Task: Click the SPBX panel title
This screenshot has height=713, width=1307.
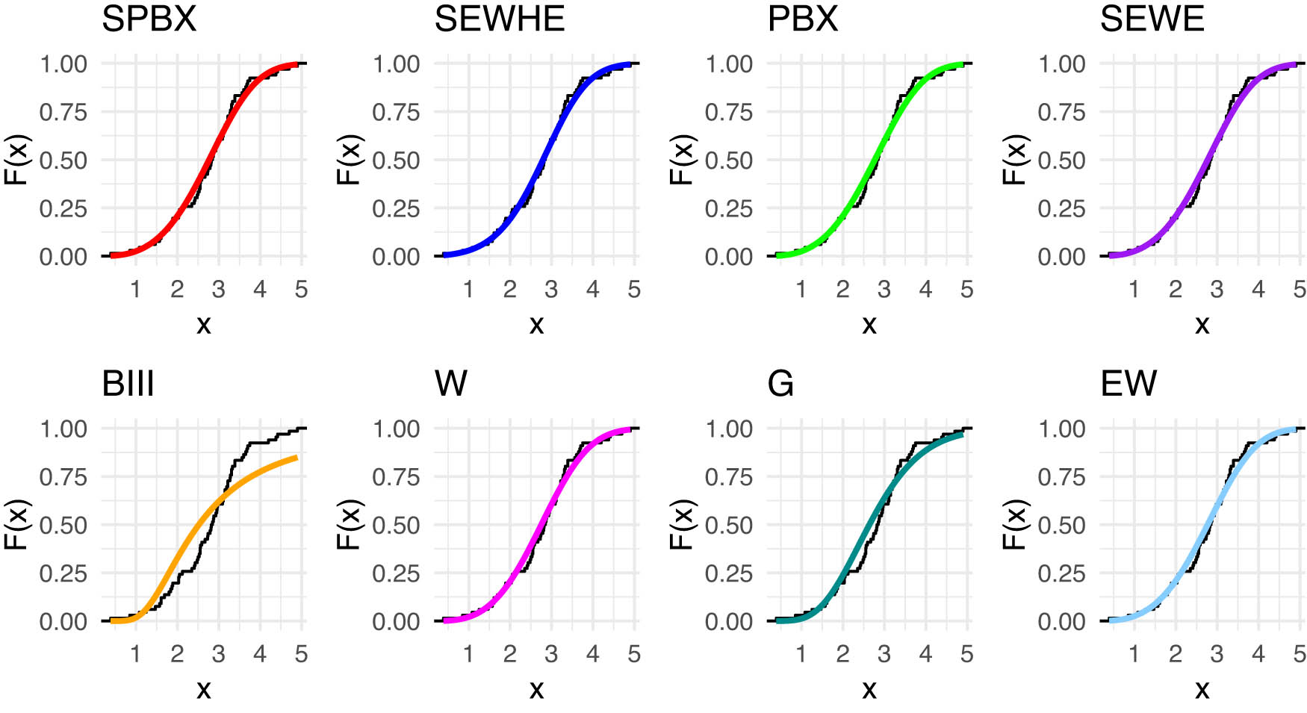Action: pyautogui.click(x=149, y=19)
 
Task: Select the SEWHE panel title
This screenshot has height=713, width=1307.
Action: pyautogui.click(x=499, y=19)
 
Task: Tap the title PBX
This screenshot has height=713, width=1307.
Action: pyautogui.click(x=802, y=19)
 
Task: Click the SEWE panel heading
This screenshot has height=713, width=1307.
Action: pyautogui.click(x=1152, y=19)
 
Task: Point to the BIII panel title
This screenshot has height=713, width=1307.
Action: pyautogui.click(x=128, y=384)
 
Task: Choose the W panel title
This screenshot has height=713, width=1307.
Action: pyautogui.click(x=450, y=384)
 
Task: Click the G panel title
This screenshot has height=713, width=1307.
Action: pyautogui.click(x=780, y=384)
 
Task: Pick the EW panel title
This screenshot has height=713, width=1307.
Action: pyautogui.click(x=1128, y=384)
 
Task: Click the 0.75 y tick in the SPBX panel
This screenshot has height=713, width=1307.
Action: pyautogui.click(x=63, y=112)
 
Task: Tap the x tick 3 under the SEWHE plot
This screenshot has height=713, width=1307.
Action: pyautogui.click(x=551, y=290)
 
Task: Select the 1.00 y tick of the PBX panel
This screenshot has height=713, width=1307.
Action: pyautogui.click(x=728, y=64)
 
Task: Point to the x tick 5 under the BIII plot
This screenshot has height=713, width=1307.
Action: pyautogui.click(x=301, y=655)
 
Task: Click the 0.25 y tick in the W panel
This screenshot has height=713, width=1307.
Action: pyautogui.click(x=396, y=573)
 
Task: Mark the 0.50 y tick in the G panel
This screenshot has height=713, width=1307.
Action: pyautogui.click(x=728, y=525)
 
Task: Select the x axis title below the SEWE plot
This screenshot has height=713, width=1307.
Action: pyautogui.click(x=1202, y=325)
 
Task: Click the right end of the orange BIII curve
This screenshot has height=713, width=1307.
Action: pyautogui.click(x=297, y=457)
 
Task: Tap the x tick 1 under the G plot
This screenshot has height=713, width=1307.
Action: pyautogui.click(x=801, y=655)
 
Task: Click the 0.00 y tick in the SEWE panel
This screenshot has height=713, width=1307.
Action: pyautogui.click(x=1061, y=257)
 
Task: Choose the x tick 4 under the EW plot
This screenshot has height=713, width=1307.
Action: pyautogui.click(x=1258, y=655)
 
